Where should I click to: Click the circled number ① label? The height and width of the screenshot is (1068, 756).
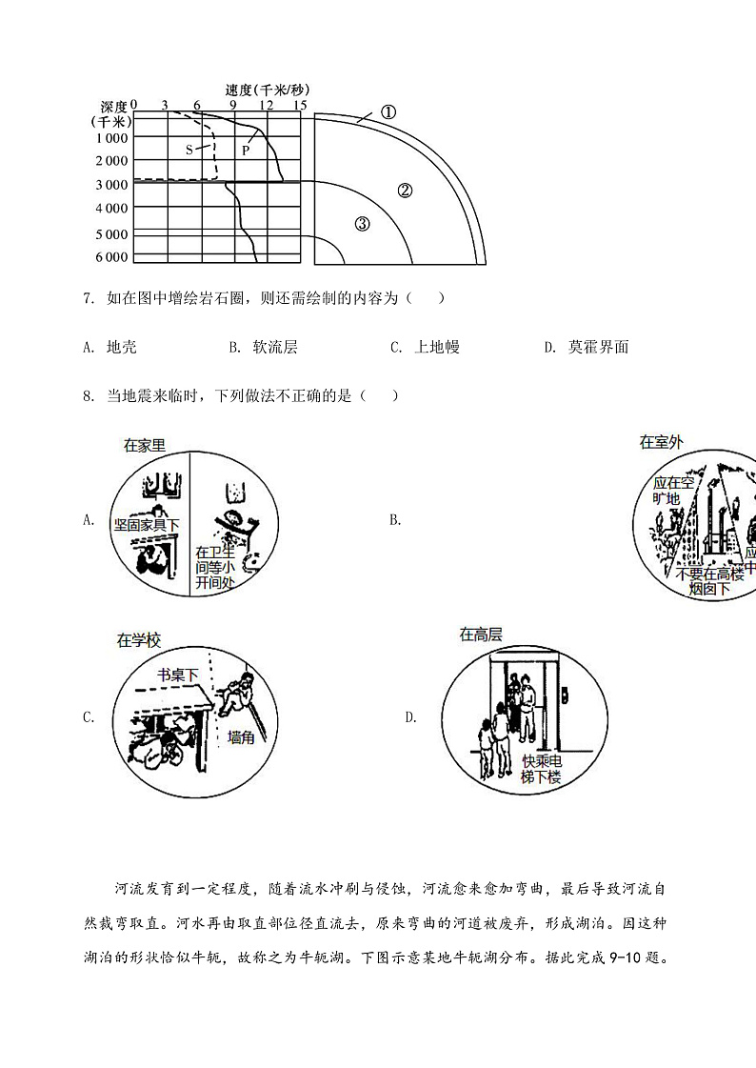pyautogui.click(x=388, y=111)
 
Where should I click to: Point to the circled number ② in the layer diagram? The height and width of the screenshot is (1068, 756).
pyautogui.click(x=405, y=190)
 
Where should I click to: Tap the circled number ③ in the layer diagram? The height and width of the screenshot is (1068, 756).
pyautogui.click(x=362, y=225)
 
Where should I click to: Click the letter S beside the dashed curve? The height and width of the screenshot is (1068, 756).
pyautogui.click(x=189, y=150)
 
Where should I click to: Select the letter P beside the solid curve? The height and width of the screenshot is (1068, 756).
pyautogui.click(x=246, y=150)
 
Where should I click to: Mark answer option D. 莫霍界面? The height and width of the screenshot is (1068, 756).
pyautogui.click(x=587, y=347)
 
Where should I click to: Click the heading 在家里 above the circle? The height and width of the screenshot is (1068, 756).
pyautogui.click(x=145, y=445)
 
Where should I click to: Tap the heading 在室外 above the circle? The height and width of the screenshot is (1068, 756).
pyautogui.click(x=661, y=441)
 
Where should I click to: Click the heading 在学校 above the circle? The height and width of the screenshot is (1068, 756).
pyautogui.click(x=137, y=640)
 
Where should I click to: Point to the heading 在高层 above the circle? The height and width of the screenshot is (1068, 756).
pyautogui.click(x=481, y=634)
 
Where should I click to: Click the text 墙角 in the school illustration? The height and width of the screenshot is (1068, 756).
pyautogui.click(x=241, y=736)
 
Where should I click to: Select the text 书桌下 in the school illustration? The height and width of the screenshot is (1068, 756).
pyautogui.click(x=178, y=675)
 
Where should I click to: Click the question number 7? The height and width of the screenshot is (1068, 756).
pyautogui.click(x=88, y=298)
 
